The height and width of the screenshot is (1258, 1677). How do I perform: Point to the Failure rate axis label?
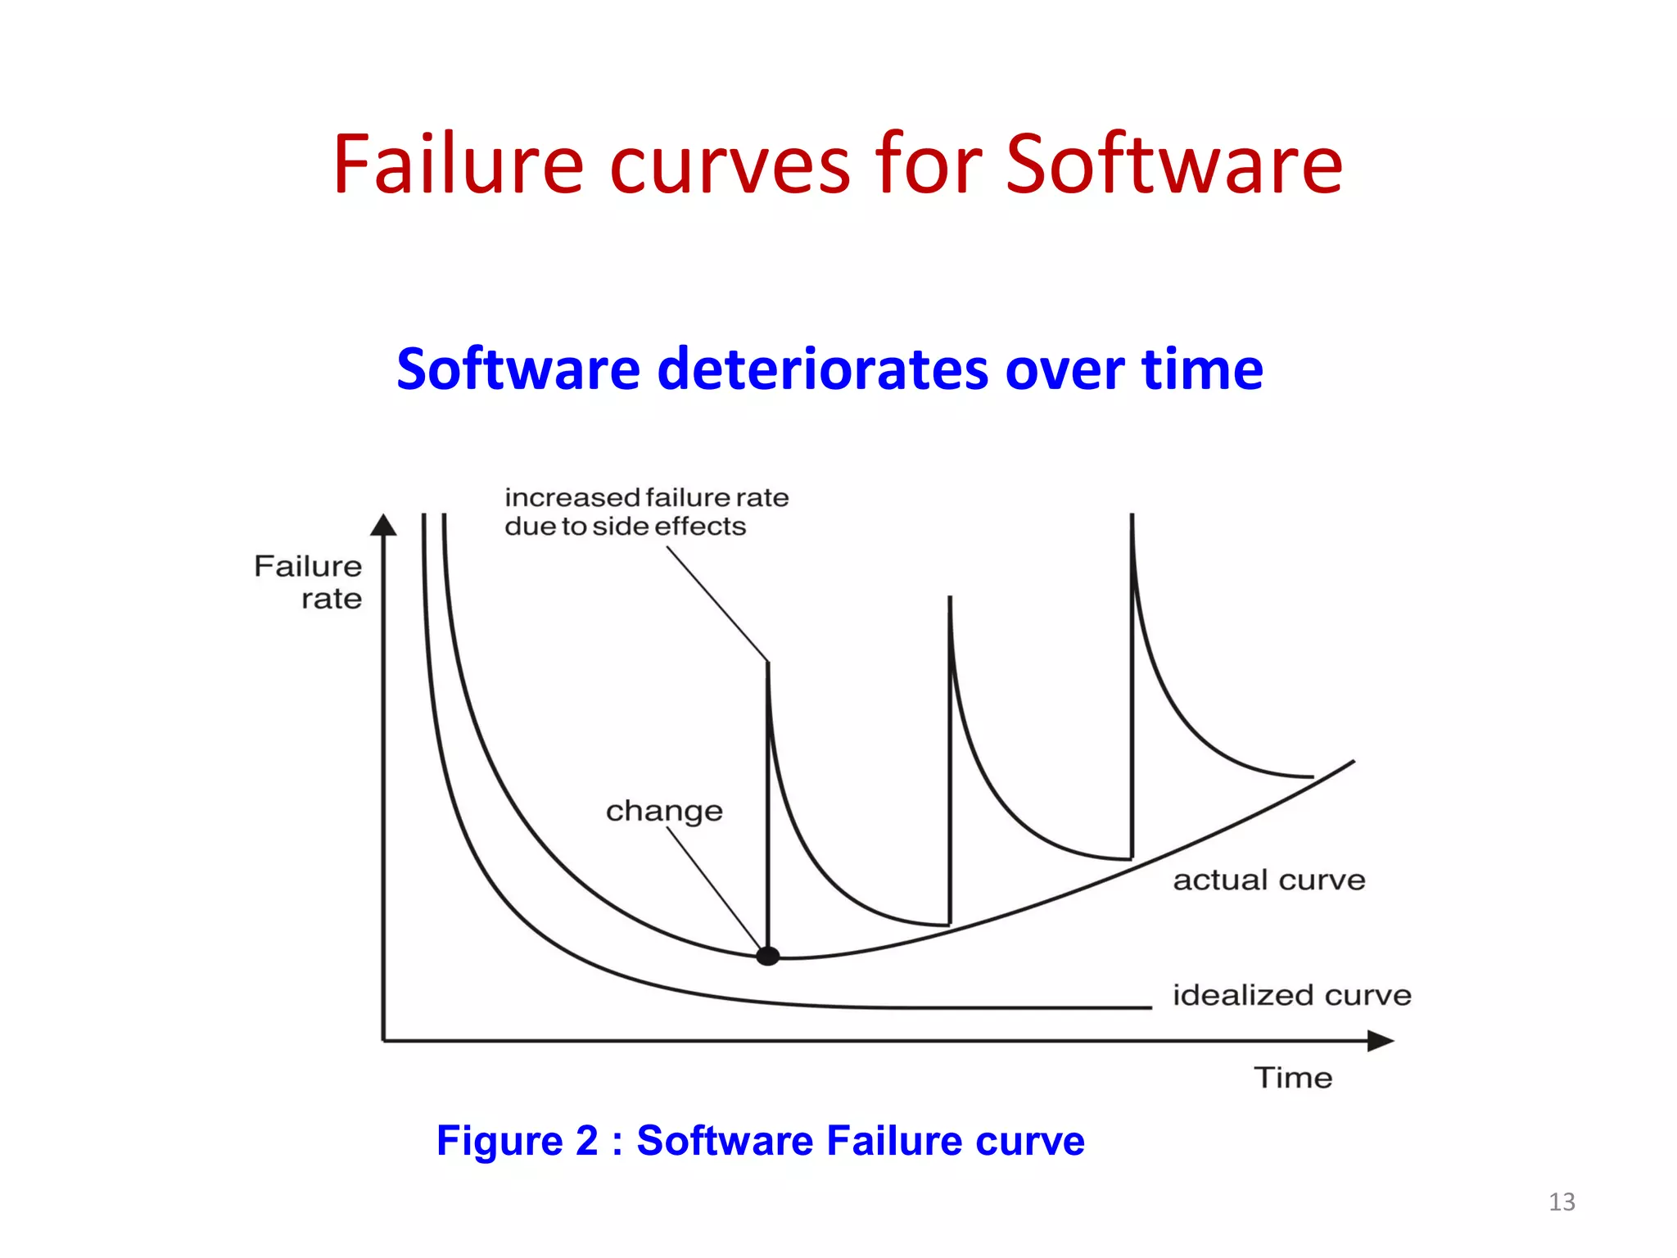(x=309, y=581)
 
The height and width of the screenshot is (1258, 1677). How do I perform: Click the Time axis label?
(x=1293, y=1078)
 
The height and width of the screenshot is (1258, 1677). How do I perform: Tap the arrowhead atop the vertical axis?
(x=383, y=525)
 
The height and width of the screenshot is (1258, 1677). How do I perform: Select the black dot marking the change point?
(x=767, y=956)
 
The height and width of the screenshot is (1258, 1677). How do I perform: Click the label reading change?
(x=664, y=811)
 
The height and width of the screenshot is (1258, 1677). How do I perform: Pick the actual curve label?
(x=1269, y=880)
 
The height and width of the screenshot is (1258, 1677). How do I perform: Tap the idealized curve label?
(x=1292, y=995)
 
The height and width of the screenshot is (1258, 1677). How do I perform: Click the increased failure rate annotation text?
(x=645, y=512)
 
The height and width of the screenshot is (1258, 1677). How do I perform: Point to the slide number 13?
(x=1562, y=1201)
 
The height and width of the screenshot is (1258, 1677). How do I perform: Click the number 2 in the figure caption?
(x=586, y=1141)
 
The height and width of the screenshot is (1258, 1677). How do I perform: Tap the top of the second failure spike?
(x=950, y=600)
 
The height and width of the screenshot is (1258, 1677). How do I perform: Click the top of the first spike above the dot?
(x=768, y=664)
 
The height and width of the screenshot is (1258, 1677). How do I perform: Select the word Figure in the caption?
(x=499, y=1141)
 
